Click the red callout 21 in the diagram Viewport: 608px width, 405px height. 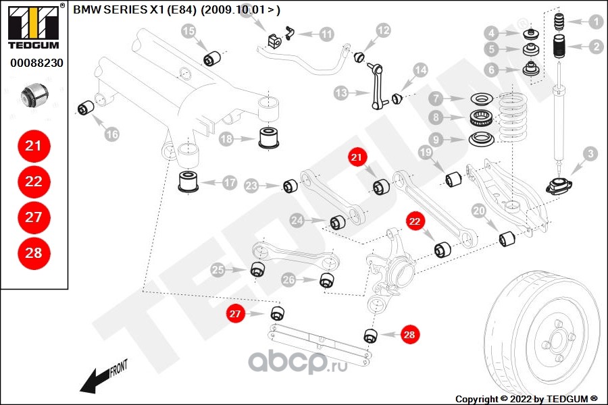tap(357, 158)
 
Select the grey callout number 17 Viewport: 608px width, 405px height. tap(230, 182)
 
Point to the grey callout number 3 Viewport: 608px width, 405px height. tap(590, 155)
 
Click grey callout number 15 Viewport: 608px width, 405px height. tap(188, 30)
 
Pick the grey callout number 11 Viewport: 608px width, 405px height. tap(326, 34)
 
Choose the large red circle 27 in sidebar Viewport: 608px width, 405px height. tap(33, 217)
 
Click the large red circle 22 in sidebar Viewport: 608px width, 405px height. tap(33, 182)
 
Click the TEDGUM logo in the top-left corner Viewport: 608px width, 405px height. tap(33, 26)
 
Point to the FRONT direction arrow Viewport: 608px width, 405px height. tap(101, 378)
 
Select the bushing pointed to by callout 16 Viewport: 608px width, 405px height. tap(86, 107)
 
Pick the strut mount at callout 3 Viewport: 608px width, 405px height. tap(559, 186)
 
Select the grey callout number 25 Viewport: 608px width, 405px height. tap(218, 271)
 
